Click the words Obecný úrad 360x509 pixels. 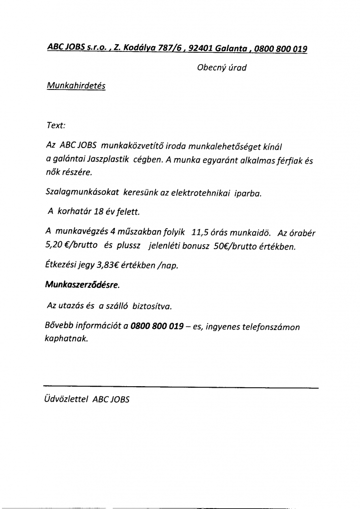tap(222, 68)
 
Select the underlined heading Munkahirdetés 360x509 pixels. tap(76, 85)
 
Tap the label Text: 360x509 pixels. tap(56, 125)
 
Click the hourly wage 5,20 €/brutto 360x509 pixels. tap(70, 246)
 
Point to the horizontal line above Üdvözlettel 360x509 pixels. tap(180, 386)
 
